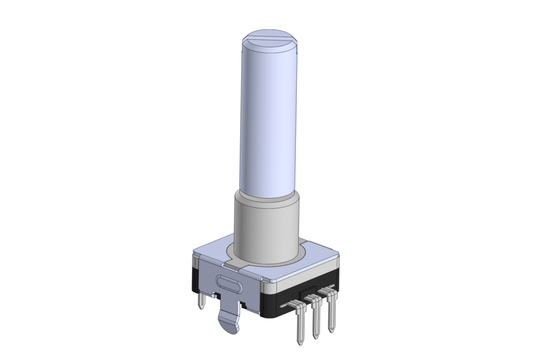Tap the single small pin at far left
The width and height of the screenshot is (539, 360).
[201, 300]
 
